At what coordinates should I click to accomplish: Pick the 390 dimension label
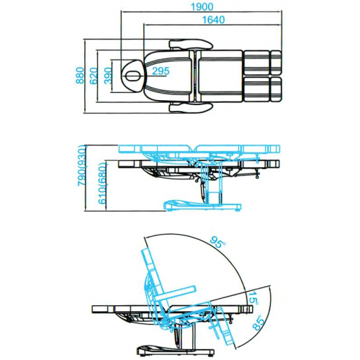[108, 75]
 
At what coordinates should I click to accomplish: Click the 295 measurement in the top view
[161, 71]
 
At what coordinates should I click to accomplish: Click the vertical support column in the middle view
[214, 189]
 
